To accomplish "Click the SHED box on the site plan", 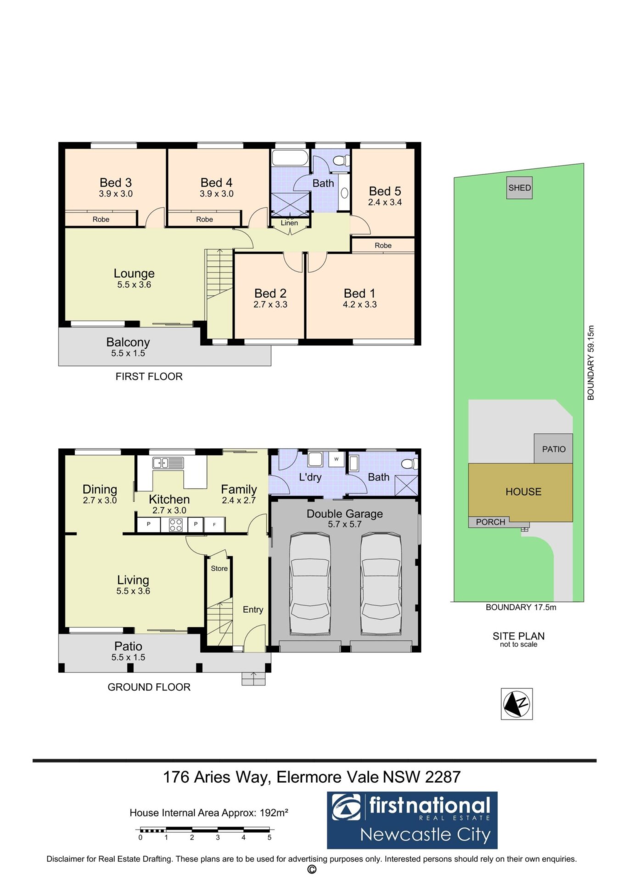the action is (519, 188).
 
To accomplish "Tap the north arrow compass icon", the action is (517, 703).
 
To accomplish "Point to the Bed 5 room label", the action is (385, 191).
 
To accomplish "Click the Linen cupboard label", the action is (289, 223).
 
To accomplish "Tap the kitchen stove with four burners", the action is (176, 524).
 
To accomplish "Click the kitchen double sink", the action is (168, 463).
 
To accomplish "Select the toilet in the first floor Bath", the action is (341, 161).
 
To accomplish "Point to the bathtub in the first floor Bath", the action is (290, 157).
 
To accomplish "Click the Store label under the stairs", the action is (219, 569).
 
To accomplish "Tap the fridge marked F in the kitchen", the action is (214, 524).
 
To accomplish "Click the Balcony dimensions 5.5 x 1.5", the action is (128, 353).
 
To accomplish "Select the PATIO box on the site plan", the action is (553, 448).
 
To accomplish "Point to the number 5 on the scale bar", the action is (269, 837).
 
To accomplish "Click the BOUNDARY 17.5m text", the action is (521, 607).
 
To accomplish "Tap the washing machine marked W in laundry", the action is (337, 459).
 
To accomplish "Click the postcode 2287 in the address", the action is (443, 777).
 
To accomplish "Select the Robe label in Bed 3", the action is (101, 219).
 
